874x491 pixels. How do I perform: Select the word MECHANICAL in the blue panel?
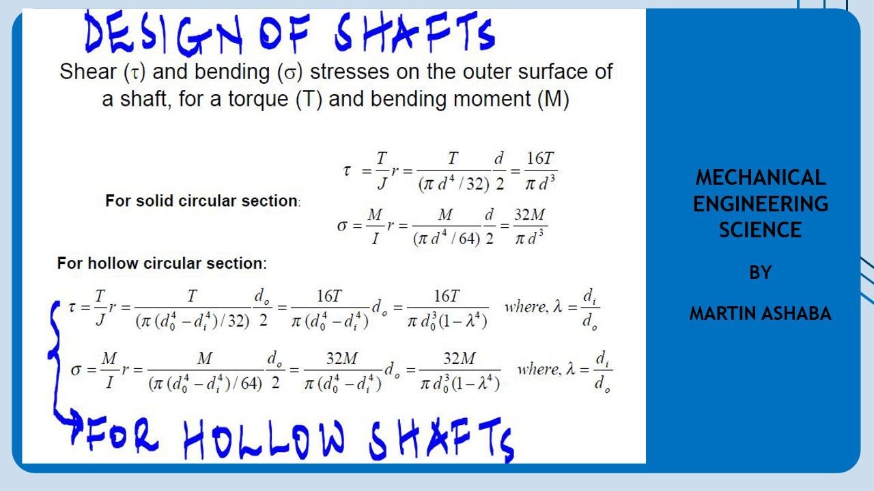tap(761, 177)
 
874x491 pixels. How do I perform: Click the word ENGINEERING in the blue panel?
tap(761, 204)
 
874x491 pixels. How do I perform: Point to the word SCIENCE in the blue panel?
tap(761, 230)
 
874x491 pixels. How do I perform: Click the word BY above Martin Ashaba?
tap(761, 273)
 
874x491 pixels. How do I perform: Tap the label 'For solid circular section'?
tap(202, 201)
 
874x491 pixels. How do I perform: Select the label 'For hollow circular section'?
tap(162, 263)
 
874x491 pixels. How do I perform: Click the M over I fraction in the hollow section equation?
tap(109, 370)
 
